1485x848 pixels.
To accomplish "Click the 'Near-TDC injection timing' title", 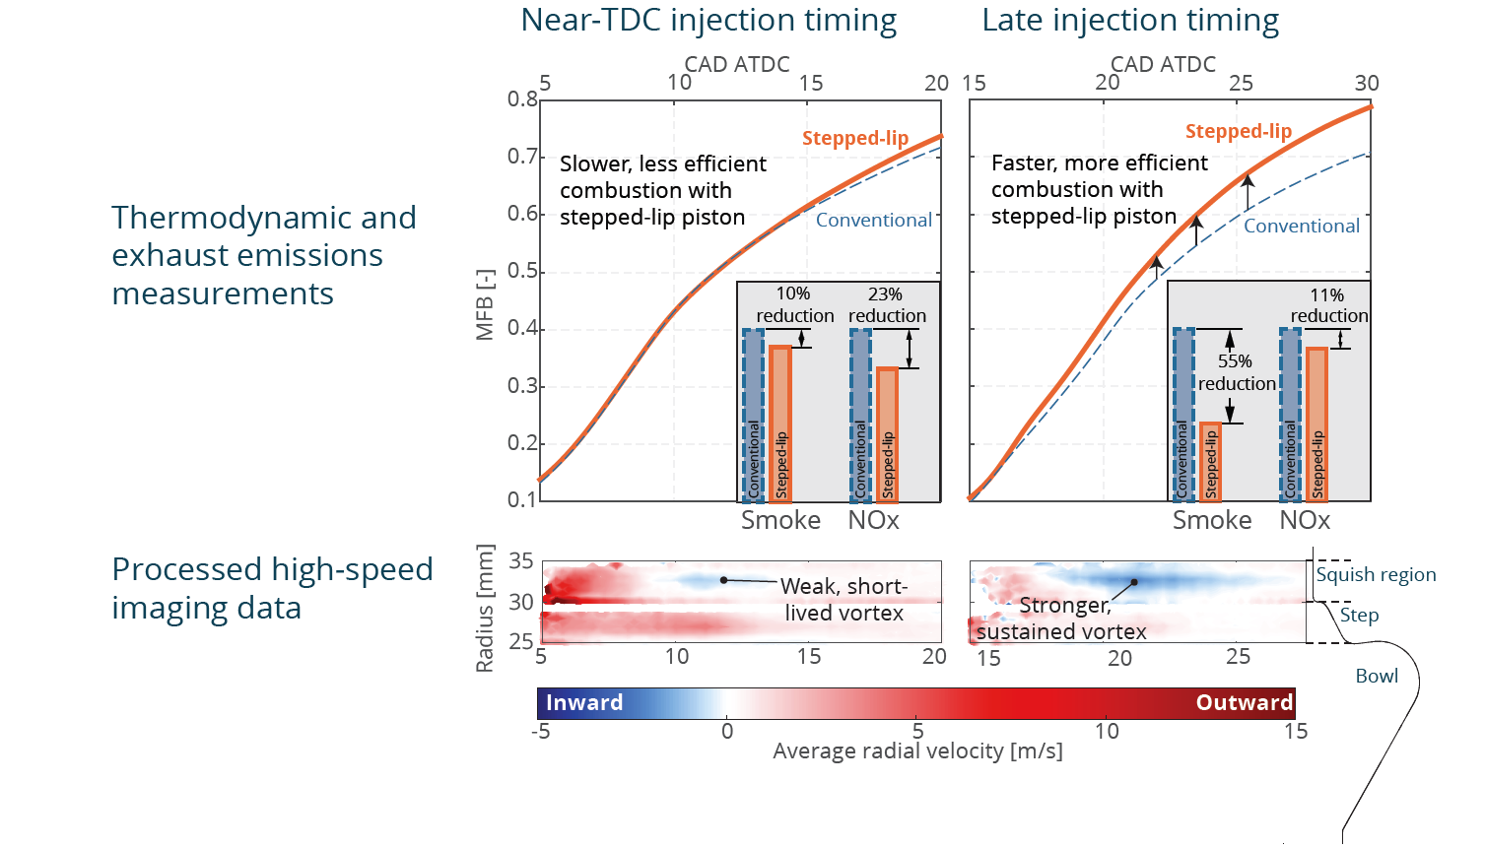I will point(709,21).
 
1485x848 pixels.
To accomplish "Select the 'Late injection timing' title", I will point(1130,21).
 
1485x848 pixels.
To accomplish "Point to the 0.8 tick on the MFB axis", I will point(522,99).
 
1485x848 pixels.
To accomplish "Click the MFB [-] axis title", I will point(485,305).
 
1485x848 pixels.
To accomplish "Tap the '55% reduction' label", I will point(1236,372).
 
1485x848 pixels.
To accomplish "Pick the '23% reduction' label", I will point(887,305).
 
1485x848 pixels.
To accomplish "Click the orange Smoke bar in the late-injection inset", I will point(1210,462).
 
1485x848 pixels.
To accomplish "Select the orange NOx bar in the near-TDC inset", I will point(888,434).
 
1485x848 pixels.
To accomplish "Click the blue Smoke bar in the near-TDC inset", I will point(753,415).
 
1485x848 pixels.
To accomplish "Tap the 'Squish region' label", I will point(1376,575).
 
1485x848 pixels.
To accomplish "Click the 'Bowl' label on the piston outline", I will point(1377,677).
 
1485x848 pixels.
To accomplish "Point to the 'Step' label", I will point(1359,616).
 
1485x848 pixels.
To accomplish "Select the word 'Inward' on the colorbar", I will point(584,703).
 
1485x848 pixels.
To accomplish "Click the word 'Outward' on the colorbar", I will point(1244,703).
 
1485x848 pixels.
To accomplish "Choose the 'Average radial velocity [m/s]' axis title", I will point(917,751).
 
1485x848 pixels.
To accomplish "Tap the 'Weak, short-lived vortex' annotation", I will point(844,600).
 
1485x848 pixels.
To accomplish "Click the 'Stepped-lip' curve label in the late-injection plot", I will point(1238,132).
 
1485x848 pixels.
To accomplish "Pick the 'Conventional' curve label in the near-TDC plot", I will point(873,221).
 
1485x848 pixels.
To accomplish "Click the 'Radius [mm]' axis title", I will point(485,608).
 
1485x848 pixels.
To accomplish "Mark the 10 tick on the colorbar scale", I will point(1107,731).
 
